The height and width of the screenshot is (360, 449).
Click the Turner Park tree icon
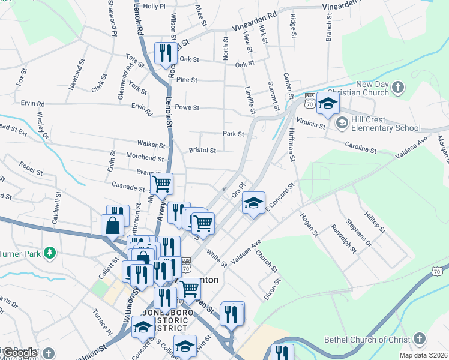click(x=51, y=254)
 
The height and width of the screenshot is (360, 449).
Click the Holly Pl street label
click(x=154, y=6)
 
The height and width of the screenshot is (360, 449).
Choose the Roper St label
click(x=31, y=168)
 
